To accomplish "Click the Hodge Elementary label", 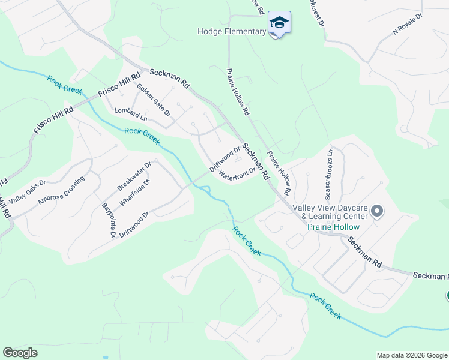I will [x=231, y=32].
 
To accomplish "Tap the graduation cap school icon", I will [x=279, y=24].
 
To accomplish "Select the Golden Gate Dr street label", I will [x=154, y=100].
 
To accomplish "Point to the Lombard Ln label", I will [x=131, y=114].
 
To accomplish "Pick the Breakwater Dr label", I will [x=136, y=175].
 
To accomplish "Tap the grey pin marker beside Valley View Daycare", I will [x=377, y=211].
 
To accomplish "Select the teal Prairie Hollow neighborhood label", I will [x=333, y=227].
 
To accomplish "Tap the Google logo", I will [x=20, y=353].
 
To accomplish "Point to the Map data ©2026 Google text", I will [x=411, y=355].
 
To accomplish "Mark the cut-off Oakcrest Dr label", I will [x=315, y=13].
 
